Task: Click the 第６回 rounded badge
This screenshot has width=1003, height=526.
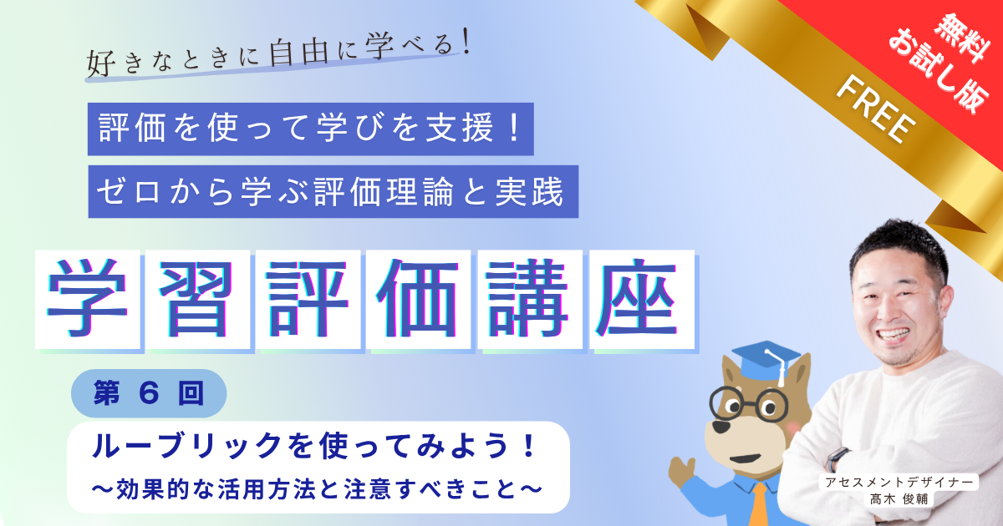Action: [x=149, y=392]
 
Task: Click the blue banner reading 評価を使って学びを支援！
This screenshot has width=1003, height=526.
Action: [x=310, y=129]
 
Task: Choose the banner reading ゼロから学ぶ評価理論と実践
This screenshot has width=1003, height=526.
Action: [x=333, y=192]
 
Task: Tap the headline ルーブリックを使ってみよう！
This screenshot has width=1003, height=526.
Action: [x=313, y=448]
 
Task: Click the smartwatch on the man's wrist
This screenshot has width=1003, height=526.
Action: [x=837, y=458]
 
